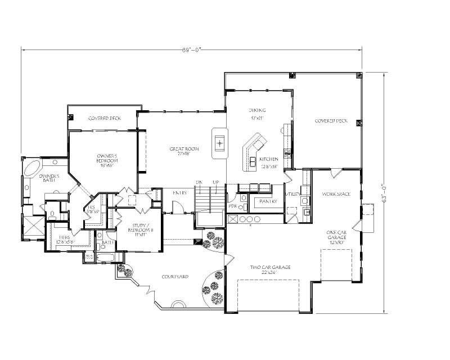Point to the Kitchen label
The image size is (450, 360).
(x=269, y=163)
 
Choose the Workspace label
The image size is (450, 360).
(x=336, y=194)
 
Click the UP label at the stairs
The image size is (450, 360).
(x=215, y=182)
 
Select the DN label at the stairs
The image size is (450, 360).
(x=199, y=182)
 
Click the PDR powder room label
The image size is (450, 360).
(x=232, y=206)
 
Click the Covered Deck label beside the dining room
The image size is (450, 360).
(x=329, y=121)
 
